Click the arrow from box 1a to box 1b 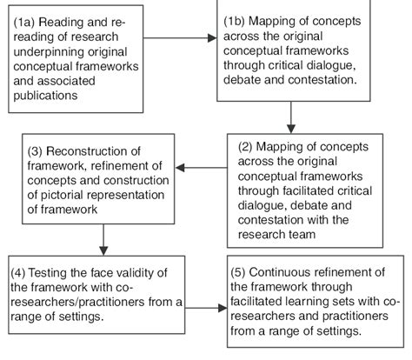(x=177, y=38)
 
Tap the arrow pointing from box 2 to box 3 (x=208, y=168)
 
